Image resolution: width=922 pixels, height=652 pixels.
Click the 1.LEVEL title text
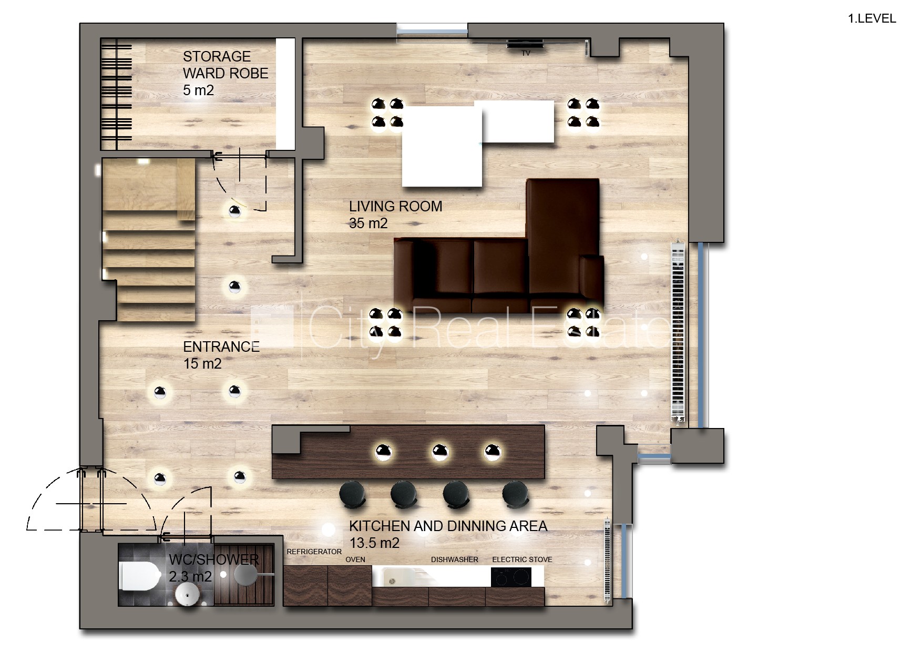(x=872, y=18)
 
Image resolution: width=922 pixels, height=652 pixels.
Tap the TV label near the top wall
(x=526, y=53)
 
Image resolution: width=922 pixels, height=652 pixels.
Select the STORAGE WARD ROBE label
(x=226, y=65)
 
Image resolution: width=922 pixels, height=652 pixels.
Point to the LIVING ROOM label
(x=395, y=206)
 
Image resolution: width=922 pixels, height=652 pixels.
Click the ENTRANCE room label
(x=221, y=347)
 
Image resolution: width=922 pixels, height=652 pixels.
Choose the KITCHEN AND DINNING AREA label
(x=448, y=526)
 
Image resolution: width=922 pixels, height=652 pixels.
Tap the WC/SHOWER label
(x=214, y=559)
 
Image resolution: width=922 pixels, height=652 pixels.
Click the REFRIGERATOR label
(x=314, y=552)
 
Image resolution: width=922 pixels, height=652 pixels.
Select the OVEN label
(x=355, y=559)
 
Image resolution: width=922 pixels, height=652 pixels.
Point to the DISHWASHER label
(x=455, y=559)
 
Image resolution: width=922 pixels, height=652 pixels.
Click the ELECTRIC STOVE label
(x=522, y=559)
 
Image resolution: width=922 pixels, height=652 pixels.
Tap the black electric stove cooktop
(x=511, y=577)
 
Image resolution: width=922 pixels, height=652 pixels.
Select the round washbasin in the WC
(x=188, y=594)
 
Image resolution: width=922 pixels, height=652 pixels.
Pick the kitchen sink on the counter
(x=402, y=577)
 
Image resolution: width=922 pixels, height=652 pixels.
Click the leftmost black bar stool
(x=352, y=495)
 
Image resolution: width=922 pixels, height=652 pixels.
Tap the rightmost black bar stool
(x=515, y=495)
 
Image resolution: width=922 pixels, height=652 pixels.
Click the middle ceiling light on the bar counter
(x=440, y=452)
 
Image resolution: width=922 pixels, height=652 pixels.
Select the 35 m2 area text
(x=368, y=223)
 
